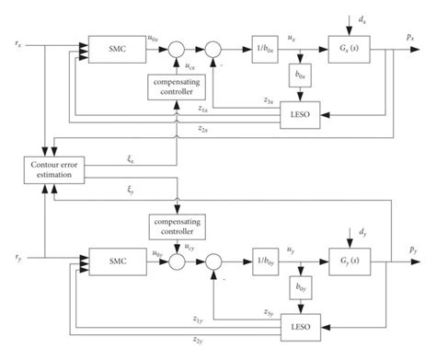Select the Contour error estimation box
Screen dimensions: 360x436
52,168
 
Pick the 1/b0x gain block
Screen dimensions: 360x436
264,46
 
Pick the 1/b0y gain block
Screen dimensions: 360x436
264,262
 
